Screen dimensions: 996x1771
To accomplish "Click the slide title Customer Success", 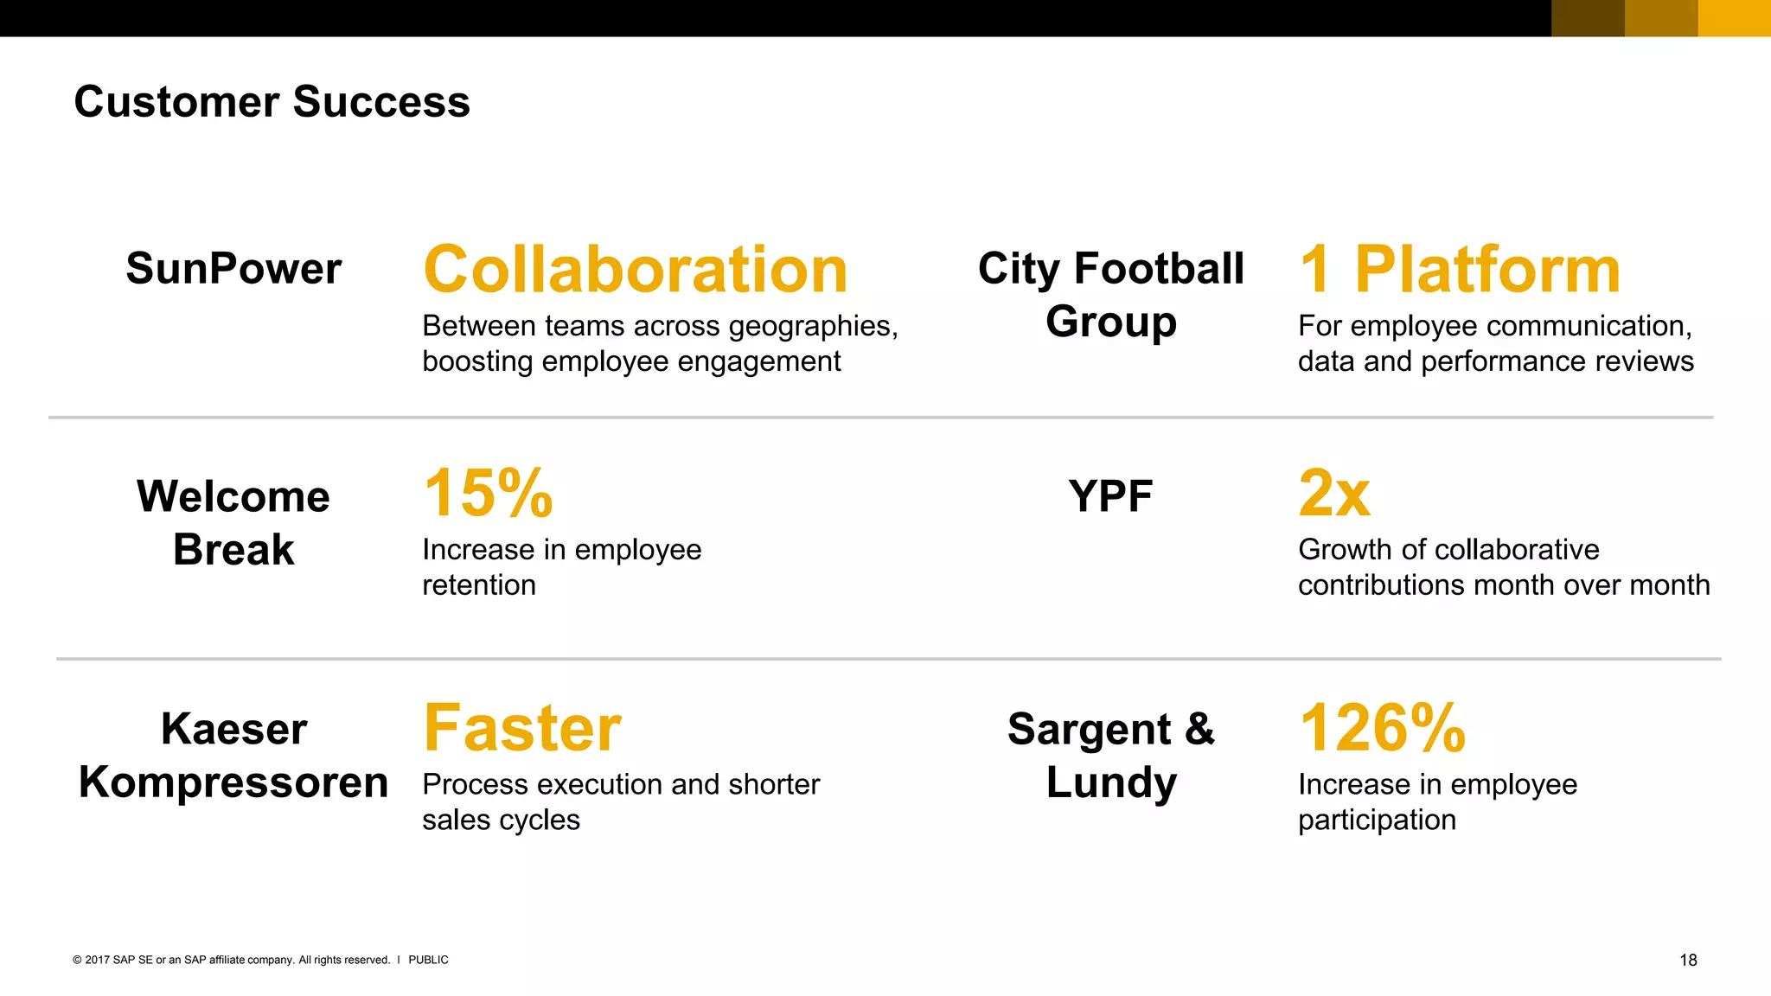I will [x=272, y=102].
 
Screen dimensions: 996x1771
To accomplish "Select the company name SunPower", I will [x=233, y=268].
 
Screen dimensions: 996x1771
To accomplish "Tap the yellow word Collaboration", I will [x=635, y=270].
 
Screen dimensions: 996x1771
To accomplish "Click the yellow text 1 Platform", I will [x=1459, y=270].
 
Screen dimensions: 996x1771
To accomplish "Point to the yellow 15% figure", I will [x=488, y=493].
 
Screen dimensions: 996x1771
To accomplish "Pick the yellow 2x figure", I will [x=1334, y=493].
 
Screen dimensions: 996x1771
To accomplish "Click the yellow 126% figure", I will [x=1382, y=728].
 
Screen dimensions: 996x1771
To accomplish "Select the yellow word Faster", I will [x=522, y=728].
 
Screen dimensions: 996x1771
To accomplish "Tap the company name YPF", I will [x=1110, y=496].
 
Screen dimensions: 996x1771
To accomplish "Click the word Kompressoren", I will [x=233, y=782].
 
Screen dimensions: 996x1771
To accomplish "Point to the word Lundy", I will [x=1111, y=782].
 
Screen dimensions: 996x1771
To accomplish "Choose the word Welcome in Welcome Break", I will [x=233, y=496].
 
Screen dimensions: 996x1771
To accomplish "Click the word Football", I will [x=1159, y=268].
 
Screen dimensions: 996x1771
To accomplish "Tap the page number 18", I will [x=1688, y=960].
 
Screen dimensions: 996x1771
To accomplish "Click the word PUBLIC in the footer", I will [x=428, y=960].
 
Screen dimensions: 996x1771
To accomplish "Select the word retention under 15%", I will [x=479, y=585].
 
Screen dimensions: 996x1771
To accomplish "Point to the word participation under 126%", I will [x=1377, y=820].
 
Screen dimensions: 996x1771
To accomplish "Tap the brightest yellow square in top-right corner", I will [x=1734, y=18].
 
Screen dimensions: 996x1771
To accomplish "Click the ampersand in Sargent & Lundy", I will [x=1199, y=729].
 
